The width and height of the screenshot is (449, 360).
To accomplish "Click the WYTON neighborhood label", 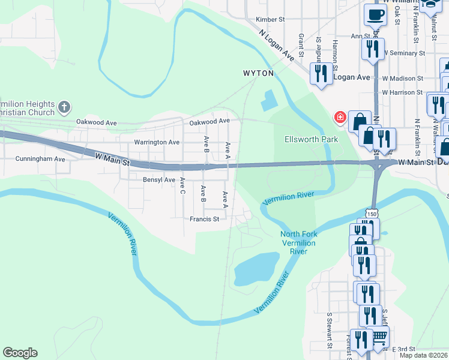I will (258, 73).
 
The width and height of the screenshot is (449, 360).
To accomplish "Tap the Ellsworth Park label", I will (311, 139).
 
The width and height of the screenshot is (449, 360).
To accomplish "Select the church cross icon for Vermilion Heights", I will (64, 108).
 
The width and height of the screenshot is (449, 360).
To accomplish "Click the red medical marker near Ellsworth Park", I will (340, 118).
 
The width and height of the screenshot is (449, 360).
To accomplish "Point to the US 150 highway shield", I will (373, 214).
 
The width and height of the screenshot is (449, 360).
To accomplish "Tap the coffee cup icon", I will (375, 14).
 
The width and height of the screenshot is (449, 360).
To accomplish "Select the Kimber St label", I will (270, 20).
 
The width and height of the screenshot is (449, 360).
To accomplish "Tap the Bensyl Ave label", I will (159, 179).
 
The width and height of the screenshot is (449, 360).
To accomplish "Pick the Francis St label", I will (205, 219).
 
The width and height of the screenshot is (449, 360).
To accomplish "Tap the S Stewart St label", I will (330, 329).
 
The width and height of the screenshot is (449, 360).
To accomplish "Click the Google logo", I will (20, 353).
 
